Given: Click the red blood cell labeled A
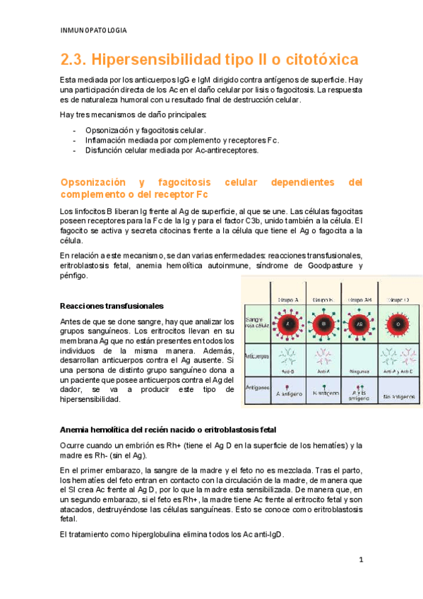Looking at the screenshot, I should (287, 324).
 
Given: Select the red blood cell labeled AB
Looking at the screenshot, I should (359, 324).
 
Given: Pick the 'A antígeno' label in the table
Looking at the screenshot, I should (288, 393).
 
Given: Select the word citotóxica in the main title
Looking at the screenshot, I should (322, 59).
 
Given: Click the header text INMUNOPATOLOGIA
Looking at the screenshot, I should (94, 30).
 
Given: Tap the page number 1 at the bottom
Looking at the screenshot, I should (360, 560).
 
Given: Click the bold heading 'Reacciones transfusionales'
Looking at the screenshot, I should (112, 306).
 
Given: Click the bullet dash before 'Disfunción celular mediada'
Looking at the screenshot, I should (73, 150).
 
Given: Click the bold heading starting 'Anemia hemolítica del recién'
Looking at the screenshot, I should (168, 429).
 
